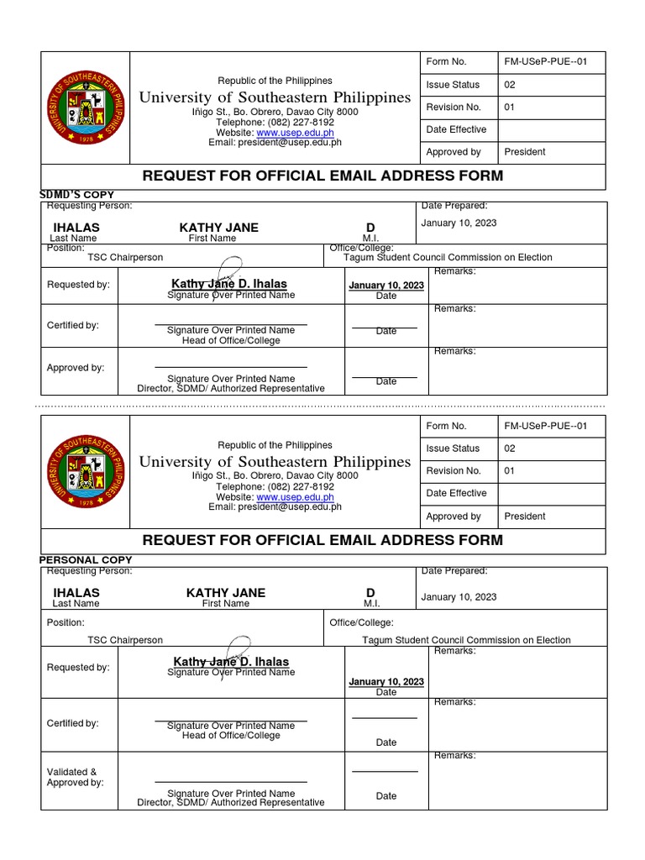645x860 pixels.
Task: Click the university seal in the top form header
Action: [x=87, y=107]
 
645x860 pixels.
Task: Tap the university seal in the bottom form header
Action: [x=87, y=470]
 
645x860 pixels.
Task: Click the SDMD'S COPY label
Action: [x=77, y=195]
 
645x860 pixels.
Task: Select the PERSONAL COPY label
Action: [x=86, y=559]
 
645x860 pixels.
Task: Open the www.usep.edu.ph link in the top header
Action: [x=295, y=133]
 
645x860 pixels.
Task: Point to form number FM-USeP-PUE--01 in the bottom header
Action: [x=546, y=426]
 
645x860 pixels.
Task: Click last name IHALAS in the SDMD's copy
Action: [x=76, y=228]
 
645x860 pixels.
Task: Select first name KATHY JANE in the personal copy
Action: [x=225, y=593]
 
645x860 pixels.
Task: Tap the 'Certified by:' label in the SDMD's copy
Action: [x=72, y=325]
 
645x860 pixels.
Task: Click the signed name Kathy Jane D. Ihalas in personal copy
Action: [x=230, y=662]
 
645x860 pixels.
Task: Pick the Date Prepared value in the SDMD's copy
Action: [x=459, y=223]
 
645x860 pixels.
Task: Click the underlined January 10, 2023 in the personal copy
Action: [x=386, y=682]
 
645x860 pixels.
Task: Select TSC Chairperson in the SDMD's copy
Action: [x=125, y=258]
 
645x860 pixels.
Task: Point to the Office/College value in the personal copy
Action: [x=466, y=640]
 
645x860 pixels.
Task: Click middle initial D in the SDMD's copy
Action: [x=370, y=228]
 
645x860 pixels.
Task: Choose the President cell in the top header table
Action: [x=524, y=152]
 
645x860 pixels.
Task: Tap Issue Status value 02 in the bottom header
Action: [x=510, y=448]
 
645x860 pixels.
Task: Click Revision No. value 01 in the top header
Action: [x=510, y=107]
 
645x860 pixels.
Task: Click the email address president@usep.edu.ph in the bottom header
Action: [x=275, y=506]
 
